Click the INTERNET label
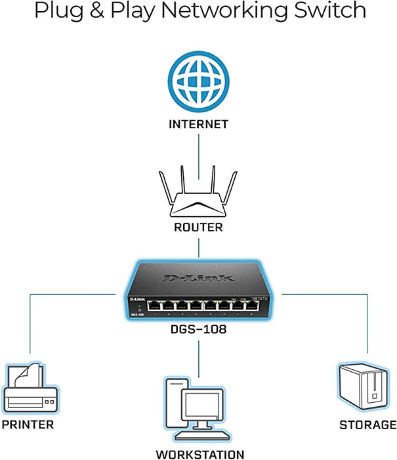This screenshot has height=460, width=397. click(198, 124)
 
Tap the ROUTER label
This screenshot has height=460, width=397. click(198, 227)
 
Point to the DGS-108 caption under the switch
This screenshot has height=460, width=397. click(198, 329)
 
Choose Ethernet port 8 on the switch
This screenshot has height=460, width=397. click(252, 306)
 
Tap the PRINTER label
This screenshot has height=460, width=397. click(28, 425)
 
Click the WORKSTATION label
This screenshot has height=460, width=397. click(199, 454)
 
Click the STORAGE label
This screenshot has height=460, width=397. click(367, 425)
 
